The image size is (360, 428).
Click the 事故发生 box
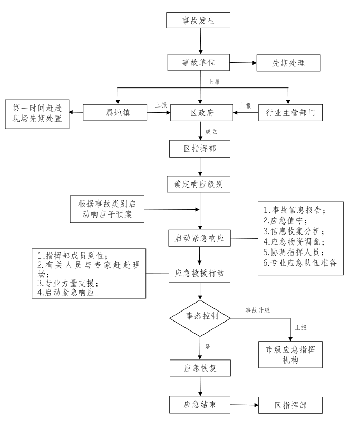click(x=199, y=21)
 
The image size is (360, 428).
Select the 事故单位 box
click(x=199, y=62)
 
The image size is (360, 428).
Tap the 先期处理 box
click(x=288, y=63)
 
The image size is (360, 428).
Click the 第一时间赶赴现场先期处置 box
click(x=36, y=112)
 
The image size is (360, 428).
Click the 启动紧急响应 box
click(x=199, y=238)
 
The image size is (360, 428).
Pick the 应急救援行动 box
click(x=199, y=274)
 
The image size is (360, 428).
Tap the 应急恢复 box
click(x=200, y=368)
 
